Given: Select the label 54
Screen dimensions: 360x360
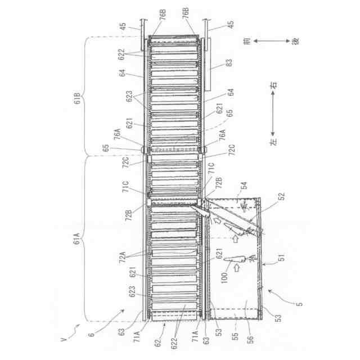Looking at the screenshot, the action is pyautogui.click(x=244, y=184).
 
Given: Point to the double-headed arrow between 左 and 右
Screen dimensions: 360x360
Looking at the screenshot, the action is pyautogui.click(x=274, y=115).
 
